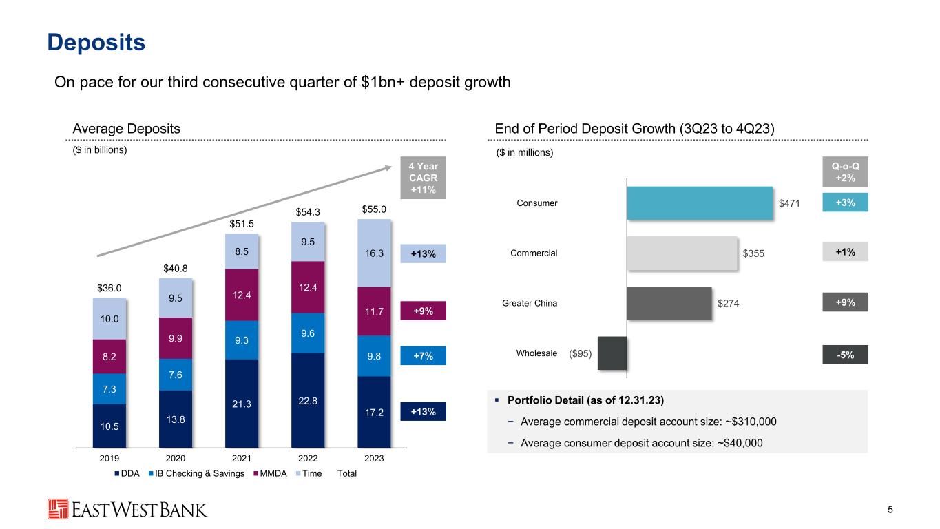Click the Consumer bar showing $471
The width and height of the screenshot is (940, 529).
pos(700,203)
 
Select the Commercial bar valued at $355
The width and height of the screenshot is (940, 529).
pos(682,253)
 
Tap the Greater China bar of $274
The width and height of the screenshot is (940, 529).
pos(669,303)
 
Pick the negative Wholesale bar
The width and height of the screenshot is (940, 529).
pos(612,353)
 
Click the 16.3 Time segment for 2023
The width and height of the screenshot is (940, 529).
pos(374,253)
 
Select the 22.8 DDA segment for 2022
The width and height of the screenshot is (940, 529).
pos(308,400)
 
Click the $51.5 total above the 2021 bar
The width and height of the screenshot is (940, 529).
pos(242,223)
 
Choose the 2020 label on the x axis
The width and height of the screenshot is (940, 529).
pos(176,459)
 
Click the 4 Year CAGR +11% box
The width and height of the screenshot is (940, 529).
pos(424,178)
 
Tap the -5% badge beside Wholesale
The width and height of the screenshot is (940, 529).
pos(845,354)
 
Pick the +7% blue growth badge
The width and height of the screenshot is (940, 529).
pos(424,355)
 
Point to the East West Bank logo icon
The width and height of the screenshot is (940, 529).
pos(59,510)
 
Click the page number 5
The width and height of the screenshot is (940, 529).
pos(890,510)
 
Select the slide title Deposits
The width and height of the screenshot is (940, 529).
pos(96,43)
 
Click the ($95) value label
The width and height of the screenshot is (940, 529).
pos(583,354)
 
